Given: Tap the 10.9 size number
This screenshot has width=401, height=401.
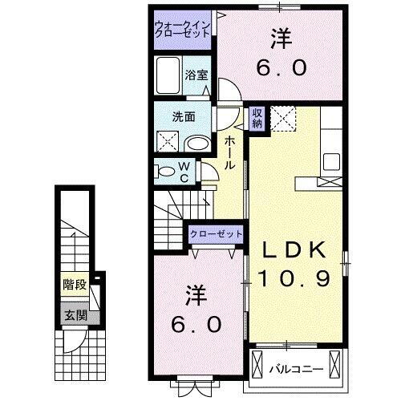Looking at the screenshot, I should pos(295,278).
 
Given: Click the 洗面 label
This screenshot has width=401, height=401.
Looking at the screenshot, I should pos(184,115).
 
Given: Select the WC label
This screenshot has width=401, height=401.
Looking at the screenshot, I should pos(184,171).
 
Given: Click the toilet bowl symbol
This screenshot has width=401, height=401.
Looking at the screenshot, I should pos(164,171).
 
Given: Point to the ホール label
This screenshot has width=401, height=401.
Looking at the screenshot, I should pos(230,152).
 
